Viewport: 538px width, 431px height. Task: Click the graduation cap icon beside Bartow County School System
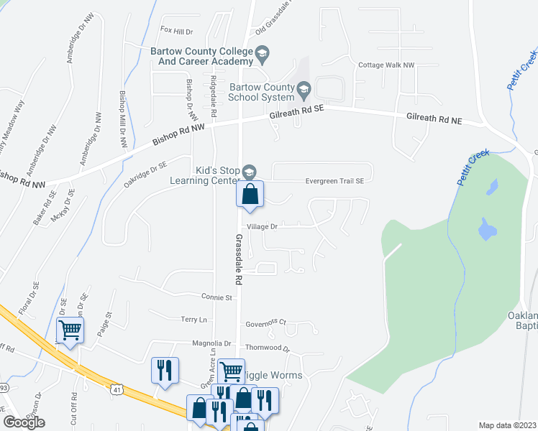(304, 91)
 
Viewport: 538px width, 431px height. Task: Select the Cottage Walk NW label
(387, 65)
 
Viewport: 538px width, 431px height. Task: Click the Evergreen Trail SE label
(334, 181)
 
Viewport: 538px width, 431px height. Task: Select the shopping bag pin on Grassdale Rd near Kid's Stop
(250, 195)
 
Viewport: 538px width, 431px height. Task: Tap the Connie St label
(217, 297)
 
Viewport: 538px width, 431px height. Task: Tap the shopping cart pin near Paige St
(70, 330)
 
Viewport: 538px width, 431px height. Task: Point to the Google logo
(24, 422)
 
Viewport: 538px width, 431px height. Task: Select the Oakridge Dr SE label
(145, 175)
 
